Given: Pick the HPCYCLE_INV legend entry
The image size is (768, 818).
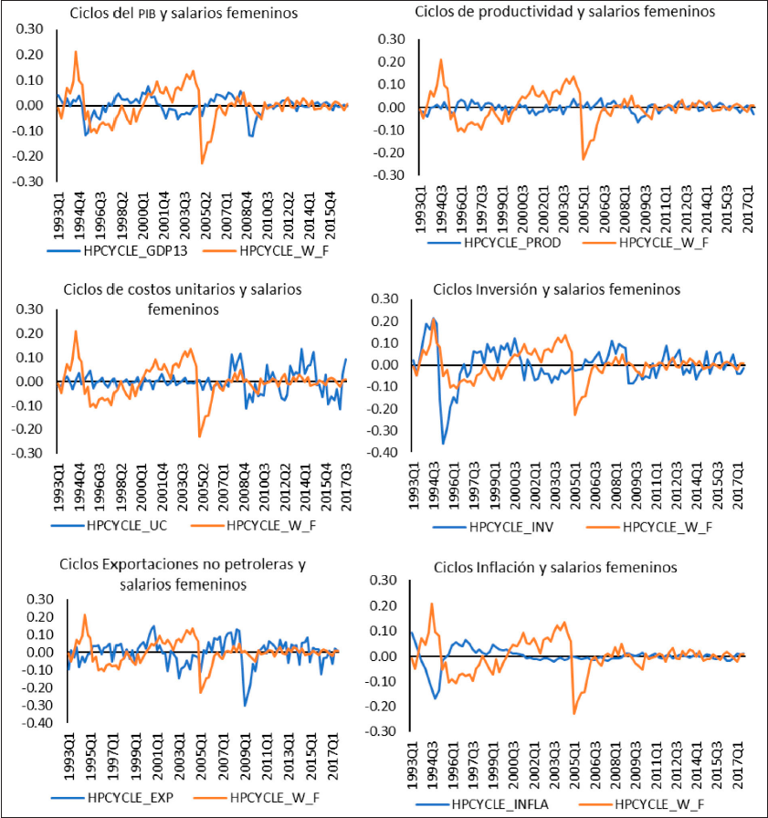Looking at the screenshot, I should click(x=511, y=527).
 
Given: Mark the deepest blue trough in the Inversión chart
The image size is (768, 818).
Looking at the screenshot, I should click(x=444, y=444).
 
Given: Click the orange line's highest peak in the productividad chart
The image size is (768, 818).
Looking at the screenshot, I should click(x=441, y=60).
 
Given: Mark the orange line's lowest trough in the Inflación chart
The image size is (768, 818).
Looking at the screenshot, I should click(x=574, y=713).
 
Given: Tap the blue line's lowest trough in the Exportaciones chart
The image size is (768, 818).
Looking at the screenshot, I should click(x=245, y=705).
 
